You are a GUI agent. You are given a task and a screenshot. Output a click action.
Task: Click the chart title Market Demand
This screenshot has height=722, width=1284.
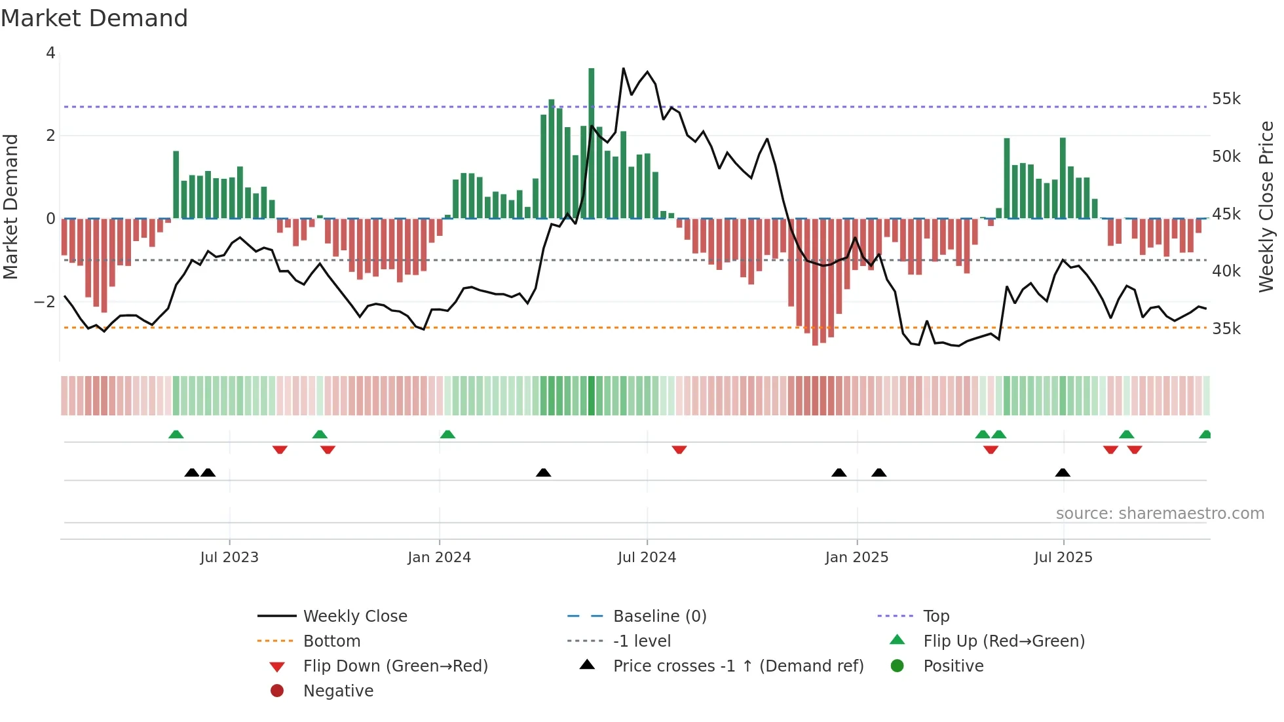point(94,18)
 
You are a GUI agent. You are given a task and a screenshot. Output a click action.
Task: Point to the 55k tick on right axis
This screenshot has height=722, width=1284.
point(1226,99)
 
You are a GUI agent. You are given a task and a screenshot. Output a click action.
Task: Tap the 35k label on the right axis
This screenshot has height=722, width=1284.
point(1226,329)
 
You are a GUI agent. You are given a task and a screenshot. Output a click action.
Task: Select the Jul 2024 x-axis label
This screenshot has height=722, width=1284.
point(647,558)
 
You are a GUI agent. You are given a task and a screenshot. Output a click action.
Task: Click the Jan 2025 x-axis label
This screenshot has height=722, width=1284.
point(856,558)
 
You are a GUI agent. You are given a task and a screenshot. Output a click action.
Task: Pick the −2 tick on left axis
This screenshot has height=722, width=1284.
point(45,302)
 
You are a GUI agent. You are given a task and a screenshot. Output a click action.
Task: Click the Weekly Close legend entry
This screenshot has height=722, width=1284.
point(354,617)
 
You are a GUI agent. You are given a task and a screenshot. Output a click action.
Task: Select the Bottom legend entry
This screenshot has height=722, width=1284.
point(331,641)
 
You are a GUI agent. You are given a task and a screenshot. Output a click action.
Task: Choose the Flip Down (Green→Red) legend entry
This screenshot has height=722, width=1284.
point(395,666)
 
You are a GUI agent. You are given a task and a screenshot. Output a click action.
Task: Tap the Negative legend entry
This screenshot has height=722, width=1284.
point(338,691)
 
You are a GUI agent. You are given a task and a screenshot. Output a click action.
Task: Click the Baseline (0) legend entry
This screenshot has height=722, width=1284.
point(659,617)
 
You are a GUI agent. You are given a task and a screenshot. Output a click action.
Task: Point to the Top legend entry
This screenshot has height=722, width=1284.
point(935,617)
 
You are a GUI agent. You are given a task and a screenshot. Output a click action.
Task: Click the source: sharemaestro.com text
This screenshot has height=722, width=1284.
point(1160,514)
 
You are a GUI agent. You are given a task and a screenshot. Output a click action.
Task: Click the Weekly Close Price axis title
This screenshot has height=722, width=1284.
point(1266,206)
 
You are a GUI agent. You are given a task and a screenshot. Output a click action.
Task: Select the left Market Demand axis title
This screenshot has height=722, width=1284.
point(10,206)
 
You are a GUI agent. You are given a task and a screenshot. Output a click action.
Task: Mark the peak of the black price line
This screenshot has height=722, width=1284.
point(623,68)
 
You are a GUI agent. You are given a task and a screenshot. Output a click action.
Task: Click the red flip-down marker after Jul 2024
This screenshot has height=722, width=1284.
point(679,450)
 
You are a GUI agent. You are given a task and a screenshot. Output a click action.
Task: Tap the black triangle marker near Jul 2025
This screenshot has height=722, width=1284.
point(1063,472)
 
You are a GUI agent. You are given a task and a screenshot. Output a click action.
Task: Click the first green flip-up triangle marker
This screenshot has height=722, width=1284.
point(176,434)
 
